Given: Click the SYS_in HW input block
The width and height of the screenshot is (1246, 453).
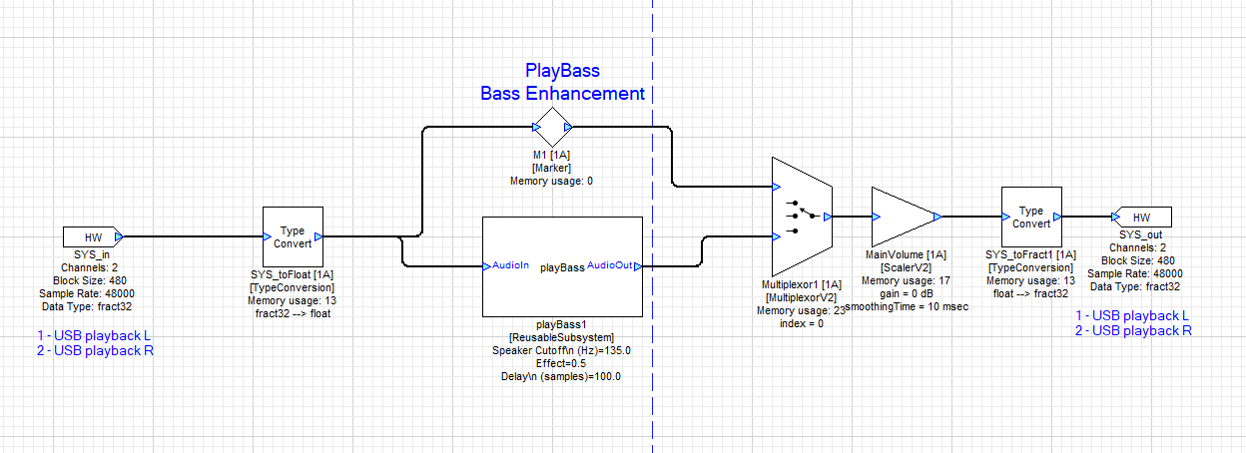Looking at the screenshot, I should (91, 236).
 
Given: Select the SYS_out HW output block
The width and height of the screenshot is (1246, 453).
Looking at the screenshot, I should (1142, 217).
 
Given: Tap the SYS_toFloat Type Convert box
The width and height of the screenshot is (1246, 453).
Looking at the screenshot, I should (292, 236).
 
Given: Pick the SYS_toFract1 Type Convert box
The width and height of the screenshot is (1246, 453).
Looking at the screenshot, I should (1031, 216).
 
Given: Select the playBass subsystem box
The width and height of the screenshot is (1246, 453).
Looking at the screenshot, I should (562, 265).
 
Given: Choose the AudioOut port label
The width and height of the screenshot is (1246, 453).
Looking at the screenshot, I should (610, 266).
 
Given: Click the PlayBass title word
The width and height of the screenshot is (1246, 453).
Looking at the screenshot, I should (562, 71).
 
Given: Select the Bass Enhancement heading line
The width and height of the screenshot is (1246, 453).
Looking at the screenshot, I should (562, 94).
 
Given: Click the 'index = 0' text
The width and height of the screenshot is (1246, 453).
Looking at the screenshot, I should (802, 323).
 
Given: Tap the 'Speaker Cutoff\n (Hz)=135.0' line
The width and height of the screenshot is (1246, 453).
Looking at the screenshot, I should (561, 350).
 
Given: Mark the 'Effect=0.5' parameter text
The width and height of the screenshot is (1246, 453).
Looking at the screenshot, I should (561, 363).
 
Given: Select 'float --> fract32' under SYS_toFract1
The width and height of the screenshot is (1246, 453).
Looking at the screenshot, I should (1030, 293).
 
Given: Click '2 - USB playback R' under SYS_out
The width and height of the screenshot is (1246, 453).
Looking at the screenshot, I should (1133, 330).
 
